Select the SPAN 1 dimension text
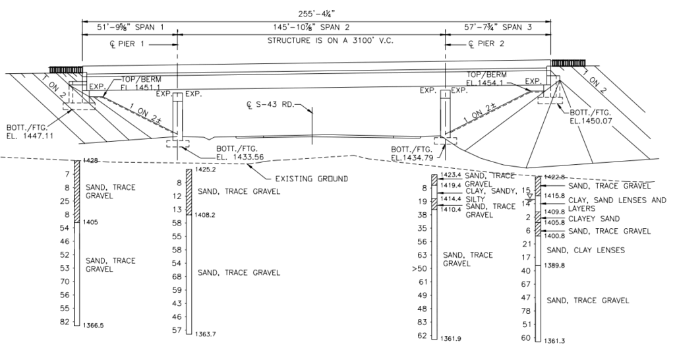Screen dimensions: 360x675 tap(131, 28)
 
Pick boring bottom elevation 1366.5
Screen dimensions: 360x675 tap(95, 325)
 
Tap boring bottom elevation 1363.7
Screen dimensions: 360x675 tap(207, 334)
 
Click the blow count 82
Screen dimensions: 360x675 tap(65, 321)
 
